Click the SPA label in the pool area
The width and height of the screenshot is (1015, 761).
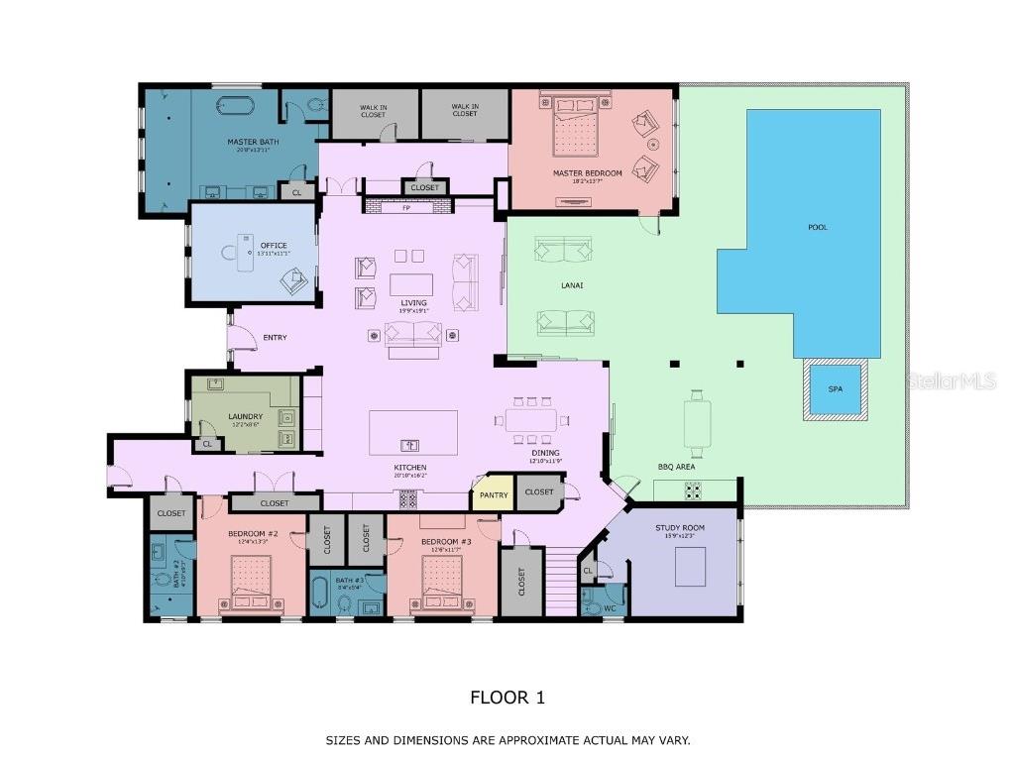click(835, 389)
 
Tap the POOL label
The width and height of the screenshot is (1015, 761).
click(817, 228)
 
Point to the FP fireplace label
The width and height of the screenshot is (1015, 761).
click(405, 208)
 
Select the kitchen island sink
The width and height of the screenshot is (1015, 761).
click(409, 444)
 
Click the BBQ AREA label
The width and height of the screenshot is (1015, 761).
click(678, 466)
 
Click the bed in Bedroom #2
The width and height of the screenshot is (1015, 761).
click(251, 582)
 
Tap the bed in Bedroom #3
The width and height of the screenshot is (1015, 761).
click(442, 582)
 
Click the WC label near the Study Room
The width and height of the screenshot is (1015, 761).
click(611, 607)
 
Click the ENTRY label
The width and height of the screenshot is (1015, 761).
click(275, 338)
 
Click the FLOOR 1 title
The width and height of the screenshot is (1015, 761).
click(507, 698)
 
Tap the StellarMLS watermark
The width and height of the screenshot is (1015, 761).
click(952, 380)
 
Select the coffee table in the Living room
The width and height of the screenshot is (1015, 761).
click(411, 285)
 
